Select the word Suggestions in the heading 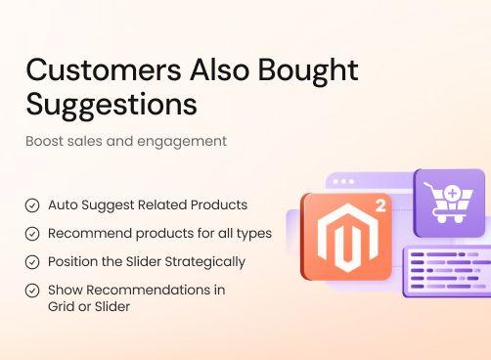tap(111, 104)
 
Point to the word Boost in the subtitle tap(45, 141)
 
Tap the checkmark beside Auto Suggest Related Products tap(32, 205)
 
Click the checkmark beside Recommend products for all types tap(32, 234)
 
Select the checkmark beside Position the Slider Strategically tap(32, 262)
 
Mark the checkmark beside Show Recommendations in tap(32, 291)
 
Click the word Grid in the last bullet tap(62, 306)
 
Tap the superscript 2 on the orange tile tap(379, 206)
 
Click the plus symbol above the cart tap(452, 194)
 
